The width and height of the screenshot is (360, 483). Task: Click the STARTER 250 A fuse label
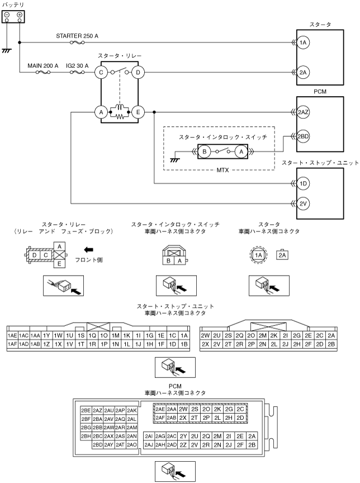[x=77, y=36]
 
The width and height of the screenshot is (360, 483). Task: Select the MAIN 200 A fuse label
[x=42, y=66]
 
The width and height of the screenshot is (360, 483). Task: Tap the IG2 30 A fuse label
[x=77, y=66]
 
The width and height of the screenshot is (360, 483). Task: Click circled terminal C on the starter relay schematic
[x=101, y=72]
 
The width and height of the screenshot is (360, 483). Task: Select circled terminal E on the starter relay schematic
[x=138, y=112]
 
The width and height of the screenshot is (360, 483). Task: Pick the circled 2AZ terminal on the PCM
[x=303, y=112]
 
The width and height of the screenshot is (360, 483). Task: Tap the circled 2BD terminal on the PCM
[x=303, y=136]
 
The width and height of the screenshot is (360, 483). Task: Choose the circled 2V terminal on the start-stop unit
[x=303, y=203]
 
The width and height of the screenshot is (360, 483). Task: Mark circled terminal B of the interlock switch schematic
[x=205, y=151]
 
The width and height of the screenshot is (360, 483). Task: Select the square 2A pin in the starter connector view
[x=282, y=255]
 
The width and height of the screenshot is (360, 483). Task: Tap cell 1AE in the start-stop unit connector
[x=12, y=335]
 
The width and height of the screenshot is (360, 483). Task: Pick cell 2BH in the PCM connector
[x=86, y=436]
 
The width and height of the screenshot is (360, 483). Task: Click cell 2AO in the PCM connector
[x=132, y=444]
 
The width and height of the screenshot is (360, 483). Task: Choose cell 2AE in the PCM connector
[x=160, y=409]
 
